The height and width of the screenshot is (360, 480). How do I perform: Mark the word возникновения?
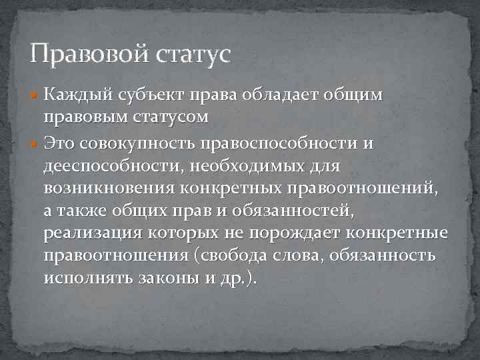coord(108,188)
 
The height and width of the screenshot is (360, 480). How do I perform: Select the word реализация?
coord(91,234)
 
